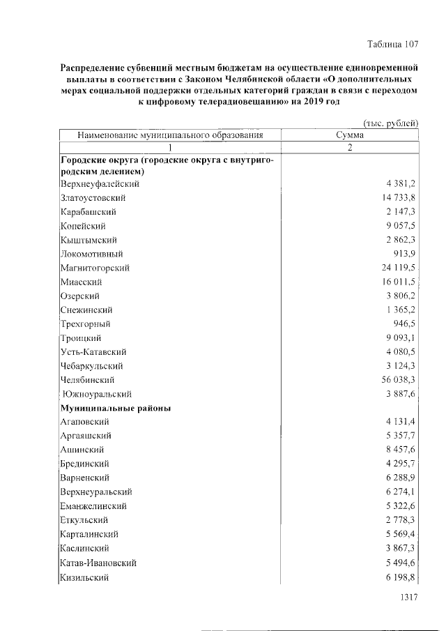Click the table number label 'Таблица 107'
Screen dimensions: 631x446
392,44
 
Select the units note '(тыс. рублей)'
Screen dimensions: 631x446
391,123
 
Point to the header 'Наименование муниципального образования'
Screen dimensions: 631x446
170,135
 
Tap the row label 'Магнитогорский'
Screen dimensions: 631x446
95,268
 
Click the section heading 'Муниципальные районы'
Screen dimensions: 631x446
116,408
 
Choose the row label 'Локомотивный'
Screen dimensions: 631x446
91,254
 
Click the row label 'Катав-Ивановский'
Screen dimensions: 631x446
98,562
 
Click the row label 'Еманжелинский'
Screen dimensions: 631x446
93,506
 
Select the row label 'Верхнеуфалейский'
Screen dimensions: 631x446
100,184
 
